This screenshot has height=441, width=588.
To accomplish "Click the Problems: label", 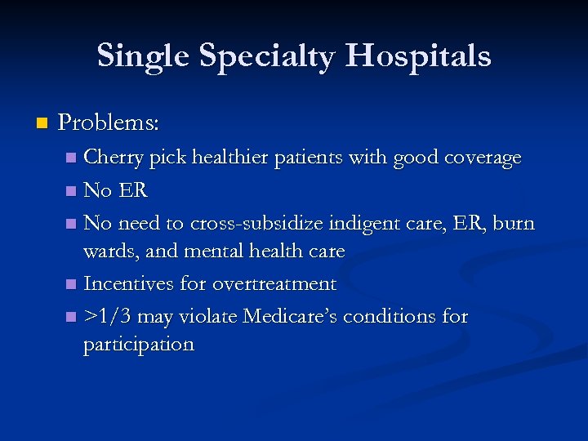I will (x=109, y=123).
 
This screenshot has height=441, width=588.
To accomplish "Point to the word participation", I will (x=138, y=345).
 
